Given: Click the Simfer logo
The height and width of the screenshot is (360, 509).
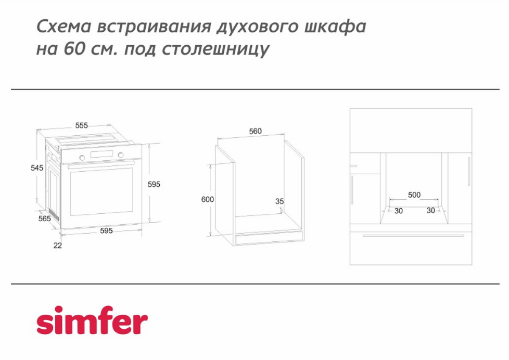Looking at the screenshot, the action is [x=92, y=320].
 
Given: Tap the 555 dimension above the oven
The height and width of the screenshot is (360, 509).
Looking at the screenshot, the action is [x=82, y=125].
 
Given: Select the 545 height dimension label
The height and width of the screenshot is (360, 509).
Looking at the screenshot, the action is [x=37, y=168].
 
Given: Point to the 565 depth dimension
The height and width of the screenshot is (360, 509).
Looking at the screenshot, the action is [x=44, y=218].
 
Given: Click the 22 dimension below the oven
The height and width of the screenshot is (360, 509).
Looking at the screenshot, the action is [x=57, y=246].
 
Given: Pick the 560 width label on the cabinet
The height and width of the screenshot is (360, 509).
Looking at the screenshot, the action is [x=255, y=131].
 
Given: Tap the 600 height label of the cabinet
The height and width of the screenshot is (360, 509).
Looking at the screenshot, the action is [x=208, y=199].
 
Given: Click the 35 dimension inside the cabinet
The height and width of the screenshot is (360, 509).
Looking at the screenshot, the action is [x=279, y=201].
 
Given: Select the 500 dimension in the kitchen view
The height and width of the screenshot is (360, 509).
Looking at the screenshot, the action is [x=414, y=195].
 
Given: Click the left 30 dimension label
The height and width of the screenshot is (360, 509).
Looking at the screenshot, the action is [x=399, y=211].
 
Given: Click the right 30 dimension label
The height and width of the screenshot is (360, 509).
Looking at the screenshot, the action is [x=431, y=210].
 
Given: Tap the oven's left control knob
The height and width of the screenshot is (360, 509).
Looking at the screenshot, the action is [x=82, y=158].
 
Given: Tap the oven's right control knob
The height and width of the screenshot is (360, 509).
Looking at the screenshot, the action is [x=121, y=155].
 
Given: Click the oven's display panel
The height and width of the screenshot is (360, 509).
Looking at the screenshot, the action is [x=102, y=154].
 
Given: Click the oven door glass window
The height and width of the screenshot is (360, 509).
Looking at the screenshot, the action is [x=101, y=191].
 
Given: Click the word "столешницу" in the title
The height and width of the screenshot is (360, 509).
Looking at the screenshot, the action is [x=215, y=49].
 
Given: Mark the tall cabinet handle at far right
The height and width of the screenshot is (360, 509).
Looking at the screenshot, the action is [x=469, y=171].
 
